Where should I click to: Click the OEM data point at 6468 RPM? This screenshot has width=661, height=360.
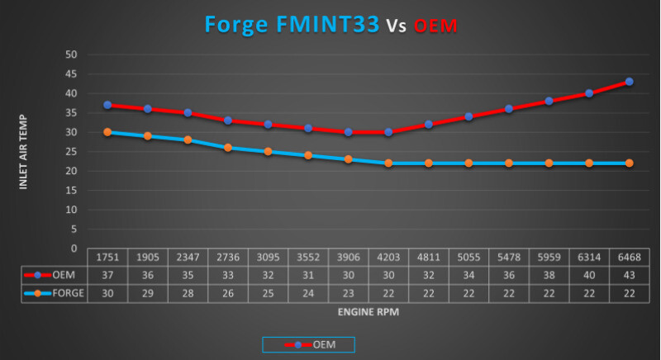click(629, 82)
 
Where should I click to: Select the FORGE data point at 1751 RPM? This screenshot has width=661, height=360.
click(107, 132)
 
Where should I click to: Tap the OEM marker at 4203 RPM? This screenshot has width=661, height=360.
click(388, 132)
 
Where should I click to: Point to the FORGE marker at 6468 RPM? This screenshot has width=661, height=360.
click(629, 163)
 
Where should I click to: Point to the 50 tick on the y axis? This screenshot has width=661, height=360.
click(72, 54)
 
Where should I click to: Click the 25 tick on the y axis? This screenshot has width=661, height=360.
click(72, 152)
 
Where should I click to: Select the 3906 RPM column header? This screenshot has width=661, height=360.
click(348, 258)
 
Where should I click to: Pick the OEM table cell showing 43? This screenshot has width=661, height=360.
click(629, 275)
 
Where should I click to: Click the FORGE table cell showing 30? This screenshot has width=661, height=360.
click(107, 292)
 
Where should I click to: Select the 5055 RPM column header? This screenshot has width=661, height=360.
click(468, 258)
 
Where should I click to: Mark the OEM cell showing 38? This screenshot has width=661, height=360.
click(549, 275)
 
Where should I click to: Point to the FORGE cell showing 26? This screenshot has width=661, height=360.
click(227, 292)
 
